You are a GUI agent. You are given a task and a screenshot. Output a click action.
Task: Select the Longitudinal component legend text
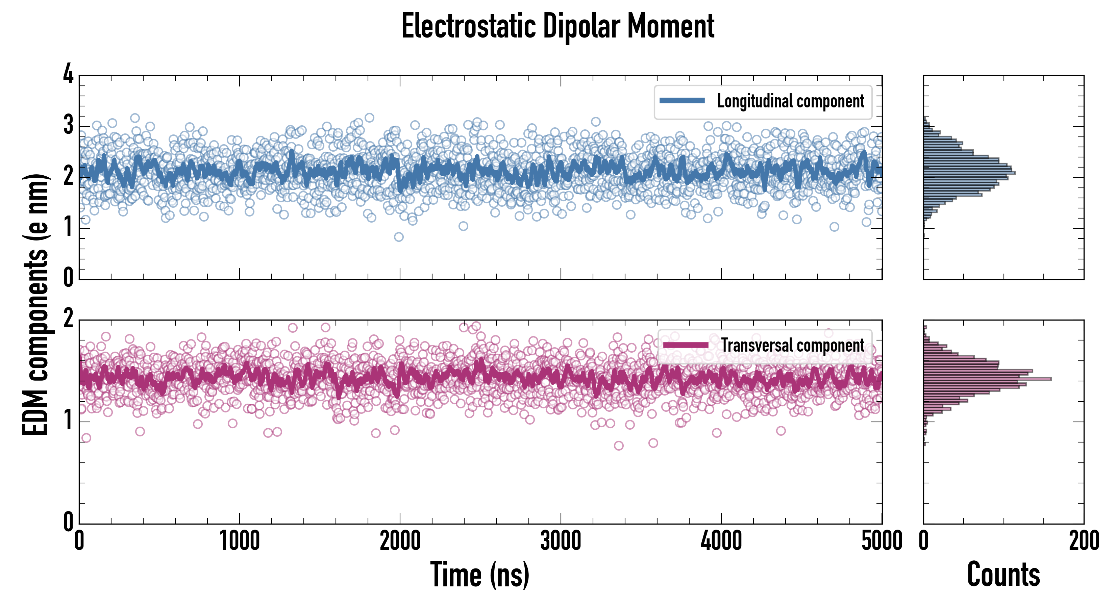(x=790, y=101)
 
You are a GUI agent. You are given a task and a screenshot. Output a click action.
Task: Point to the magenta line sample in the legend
(x=686, y=345)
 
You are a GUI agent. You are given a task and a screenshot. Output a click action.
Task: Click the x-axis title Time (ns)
(x=479, y=575)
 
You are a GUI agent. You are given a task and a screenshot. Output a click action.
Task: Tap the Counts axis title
(x=1003, y=575)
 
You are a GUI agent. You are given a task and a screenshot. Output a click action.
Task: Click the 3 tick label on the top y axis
(x=68, y=126)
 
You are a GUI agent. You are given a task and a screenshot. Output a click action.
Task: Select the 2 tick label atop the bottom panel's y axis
(x=68, y=319)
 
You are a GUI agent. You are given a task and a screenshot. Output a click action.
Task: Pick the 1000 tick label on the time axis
(x=239, y=541)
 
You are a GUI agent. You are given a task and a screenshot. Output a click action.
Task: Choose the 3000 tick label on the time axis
(x=561, y=541)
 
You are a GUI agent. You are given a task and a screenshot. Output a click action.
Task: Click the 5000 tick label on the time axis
(x=882, y=541)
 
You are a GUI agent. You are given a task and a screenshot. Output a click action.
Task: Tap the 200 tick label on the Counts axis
(x=1084, y=541)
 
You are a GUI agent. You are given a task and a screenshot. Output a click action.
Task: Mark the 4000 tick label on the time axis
(x=721, y=541)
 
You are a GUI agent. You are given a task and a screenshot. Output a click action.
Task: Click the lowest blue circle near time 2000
(x=399, y=237)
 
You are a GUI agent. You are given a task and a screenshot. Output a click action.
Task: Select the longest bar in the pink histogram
(x=987, y=379)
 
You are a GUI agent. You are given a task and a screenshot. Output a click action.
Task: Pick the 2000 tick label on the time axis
(x=400, y=541)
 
